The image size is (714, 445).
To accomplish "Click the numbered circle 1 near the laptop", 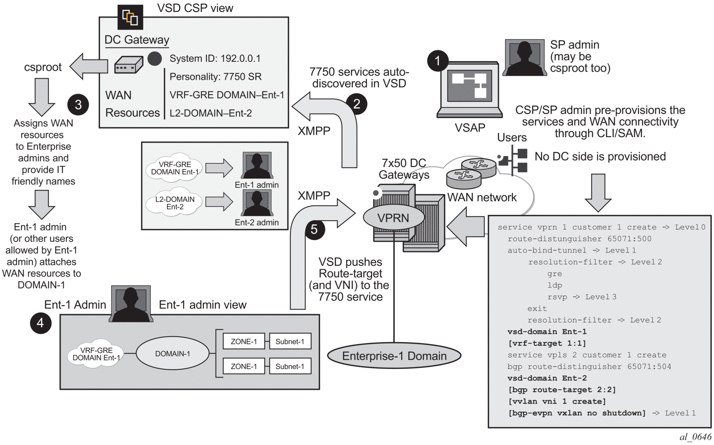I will pyautogui.click(x=438, y=61).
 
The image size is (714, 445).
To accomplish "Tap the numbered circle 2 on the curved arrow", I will pyautogui.click(x=356, y=104).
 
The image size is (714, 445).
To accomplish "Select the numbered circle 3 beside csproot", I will pyautogui.click(x=78, y=105).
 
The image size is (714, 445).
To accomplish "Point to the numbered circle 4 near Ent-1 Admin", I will pyautogui.click(x=41, y=323).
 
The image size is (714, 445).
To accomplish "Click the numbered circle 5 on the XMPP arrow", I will pyautogui.click(x=314, y=229).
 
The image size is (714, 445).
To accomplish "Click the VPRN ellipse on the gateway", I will pyautogui.click(x=393, y=218).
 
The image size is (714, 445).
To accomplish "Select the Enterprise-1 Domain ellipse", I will pyautogui.click(x=394, y=356).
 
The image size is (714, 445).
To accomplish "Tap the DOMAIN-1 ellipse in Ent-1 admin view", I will pyautogui.click(x=172, y=354).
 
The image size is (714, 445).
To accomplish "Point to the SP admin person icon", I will pyautogui.click(x=524, y=58).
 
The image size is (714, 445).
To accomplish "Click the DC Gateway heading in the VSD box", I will pyautogui.click(x=137, y=40).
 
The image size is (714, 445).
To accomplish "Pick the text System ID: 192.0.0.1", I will pyautogui.click(x=215, y=59).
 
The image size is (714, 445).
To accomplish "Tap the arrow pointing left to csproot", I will pyautogui.click(x=89, y=66).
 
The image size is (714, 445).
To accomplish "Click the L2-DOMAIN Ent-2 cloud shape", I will pyautogui.click(x=175, y=203).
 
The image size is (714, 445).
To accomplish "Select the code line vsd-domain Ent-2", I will pyautogui.click(x=547, y=378).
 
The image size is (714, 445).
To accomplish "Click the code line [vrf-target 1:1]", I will pyautogui.click(x=547, y=343).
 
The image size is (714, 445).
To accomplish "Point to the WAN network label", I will pyautogui.click(x=482, y=197).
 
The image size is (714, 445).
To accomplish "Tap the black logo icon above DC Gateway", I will pyautogui.click(x=130, y=17).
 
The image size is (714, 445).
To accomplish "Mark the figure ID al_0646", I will pyautogui.click(x=695, y=437).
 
